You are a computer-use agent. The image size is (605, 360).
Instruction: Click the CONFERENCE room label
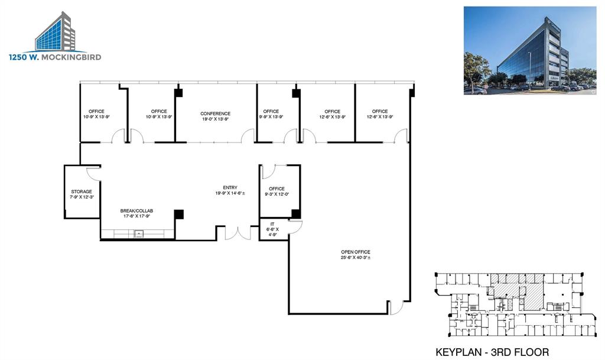pyautogui.click(x=215, y=113)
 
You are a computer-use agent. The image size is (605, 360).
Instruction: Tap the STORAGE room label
pyautogui.click(x=82, y=192)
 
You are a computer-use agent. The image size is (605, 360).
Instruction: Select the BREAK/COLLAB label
pyautogui.click(x=136, y=211)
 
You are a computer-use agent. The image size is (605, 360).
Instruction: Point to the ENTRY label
pyautogui.click(x=230, y=187)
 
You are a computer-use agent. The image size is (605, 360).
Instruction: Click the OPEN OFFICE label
pyautogui.click(x=355, y=252)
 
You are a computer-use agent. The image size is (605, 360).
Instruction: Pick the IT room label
pyautogui.click(x=272, y=224)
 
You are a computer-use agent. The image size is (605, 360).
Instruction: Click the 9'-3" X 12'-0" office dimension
pyautogui.click(x=277, y=194)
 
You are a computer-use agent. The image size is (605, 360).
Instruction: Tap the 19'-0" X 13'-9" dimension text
pyautogui.click(x=215, y=119)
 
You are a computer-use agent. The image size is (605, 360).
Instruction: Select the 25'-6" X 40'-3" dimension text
pyautogui.click(x=355, y=258)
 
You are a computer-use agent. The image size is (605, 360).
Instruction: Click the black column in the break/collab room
pyautogui.click(x=179, y=214)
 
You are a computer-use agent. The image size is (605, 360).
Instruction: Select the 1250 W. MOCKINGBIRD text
pyautogui.click(x=55, y=57)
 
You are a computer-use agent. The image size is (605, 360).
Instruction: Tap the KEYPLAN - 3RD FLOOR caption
pyautogui.click(x=492, y=352)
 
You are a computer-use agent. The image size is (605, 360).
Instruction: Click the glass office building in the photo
pyautogui.click(x=529, y=56)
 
